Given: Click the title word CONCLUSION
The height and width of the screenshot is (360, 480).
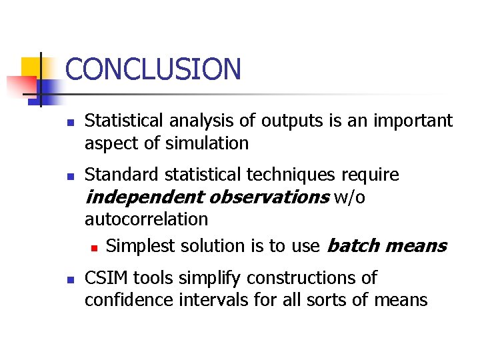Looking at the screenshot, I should click(153, 69).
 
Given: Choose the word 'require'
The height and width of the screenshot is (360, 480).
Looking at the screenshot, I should click(371, 175).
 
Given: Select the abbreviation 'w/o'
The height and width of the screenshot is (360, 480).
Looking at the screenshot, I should click(349, 197).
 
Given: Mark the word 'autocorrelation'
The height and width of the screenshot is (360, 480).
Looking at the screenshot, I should click(146, 219).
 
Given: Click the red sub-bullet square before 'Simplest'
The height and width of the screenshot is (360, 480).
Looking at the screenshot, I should click(94, 247).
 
